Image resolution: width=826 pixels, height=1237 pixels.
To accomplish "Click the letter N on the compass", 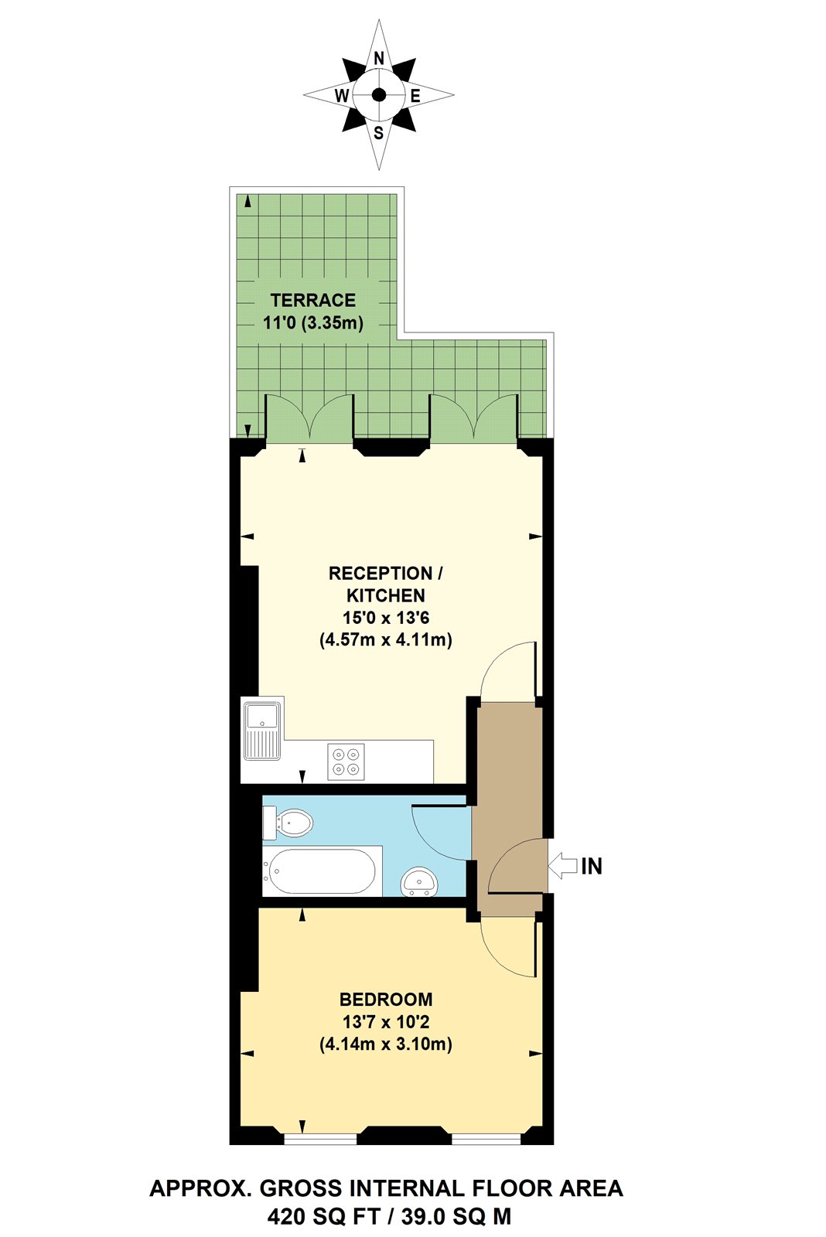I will [x=379, y=59].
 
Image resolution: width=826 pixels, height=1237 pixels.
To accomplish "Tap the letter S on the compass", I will [x=379, y=133].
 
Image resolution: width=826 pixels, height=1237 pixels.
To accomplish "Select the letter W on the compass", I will [x=342, y=96].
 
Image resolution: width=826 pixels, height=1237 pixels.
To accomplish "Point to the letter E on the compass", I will [x=415, y=96].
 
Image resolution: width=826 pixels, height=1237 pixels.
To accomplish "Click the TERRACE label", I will [x=313, y=300].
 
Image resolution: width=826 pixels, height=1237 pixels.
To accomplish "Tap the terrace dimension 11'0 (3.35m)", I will [x=313, y=322].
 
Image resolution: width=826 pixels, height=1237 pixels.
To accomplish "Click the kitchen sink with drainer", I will [x=263, y=731].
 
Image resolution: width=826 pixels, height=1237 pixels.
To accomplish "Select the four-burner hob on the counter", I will [x=346, y=761].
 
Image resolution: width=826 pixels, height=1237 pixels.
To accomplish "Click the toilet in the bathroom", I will [x=288, y=823].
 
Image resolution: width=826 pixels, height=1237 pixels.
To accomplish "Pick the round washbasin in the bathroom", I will [x=419, y=881].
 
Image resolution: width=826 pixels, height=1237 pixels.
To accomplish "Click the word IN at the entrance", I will [x=592, y=866].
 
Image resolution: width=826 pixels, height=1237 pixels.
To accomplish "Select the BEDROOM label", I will [x=386, y=999].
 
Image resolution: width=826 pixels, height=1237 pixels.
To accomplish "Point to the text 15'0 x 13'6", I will [x=386, y=618].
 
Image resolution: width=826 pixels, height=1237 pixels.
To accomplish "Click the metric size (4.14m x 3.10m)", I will [x=386, y=1044].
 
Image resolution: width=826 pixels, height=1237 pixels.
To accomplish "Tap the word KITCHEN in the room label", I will [x=386, y=595].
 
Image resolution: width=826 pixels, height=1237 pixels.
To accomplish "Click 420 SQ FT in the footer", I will [x=323, y=1217].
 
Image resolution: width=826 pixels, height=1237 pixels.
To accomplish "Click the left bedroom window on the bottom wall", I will [x=320, y=1138].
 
